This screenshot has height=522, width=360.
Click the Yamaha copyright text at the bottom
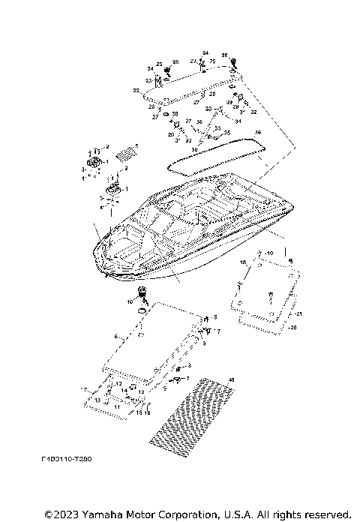[x=197, y=514]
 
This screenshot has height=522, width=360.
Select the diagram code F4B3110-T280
[x=73, y=478]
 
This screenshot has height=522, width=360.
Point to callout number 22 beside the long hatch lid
[x=136, y=90]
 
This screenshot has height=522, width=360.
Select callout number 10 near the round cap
[x=129, y=301]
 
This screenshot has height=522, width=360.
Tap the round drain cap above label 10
[x=141, y=291]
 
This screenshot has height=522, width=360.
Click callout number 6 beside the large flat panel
[x=115, y=338]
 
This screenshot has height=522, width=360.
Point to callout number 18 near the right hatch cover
[x=243, y=262]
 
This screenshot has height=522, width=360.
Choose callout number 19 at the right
[x=271, y=253]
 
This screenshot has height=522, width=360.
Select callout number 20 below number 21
[x=293, y=328]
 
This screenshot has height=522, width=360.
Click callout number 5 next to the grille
[x=136, y=145]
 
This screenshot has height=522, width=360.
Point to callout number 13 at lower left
[x=97, y=401]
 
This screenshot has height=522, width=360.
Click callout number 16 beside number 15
[x=147, y=412]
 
